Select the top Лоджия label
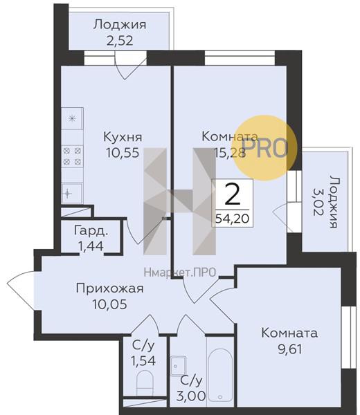(120, 25)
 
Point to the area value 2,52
(120, 40)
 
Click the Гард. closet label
(91, 230)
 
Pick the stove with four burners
(71, 156)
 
